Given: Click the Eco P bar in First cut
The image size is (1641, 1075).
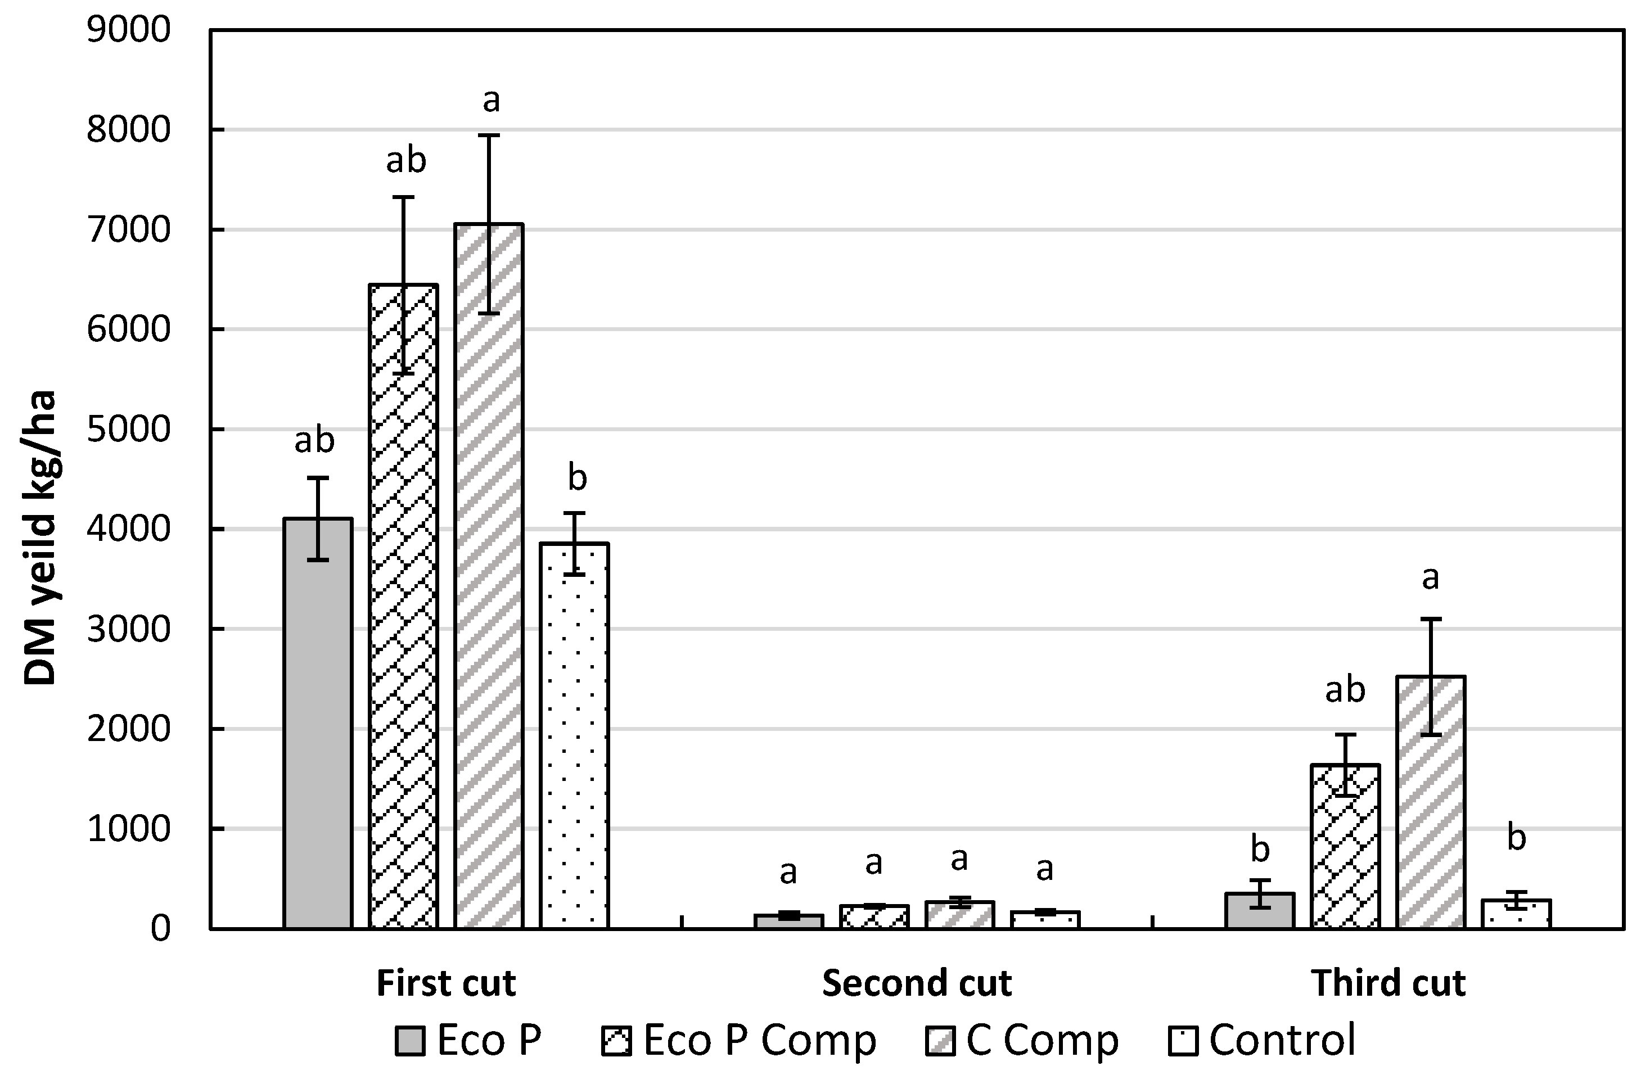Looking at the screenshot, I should coord(318,724).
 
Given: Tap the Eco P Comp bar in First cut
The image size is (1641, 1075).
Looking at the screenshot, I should coord(403,606).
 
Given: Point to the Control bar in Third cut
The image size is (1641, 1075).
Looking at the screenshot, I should coord(1516,914).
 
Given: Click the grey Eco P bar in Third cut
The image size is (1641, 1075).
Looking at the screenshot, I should coord(1260,910).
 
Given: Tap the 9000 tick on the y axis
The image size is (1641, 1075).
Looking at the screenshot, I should coord(128,30).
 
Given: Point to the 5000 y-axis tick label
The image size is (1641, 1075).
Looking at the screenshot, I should coord(128,430).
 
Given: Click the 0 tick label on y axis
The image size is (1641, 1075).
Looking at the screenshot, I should coord(160,929).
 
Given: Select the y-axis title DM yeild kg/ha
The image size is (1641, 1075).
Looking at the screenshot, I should coord(39,538).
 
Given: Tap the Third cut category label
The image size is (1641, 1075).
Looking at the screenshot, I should coord(1388,983).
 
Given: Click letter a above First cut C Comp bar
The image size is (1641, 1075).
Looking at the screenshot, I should coord(490,101).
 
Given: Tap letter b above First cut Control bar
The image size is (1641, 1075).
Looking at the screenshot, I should coord(577,478).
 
